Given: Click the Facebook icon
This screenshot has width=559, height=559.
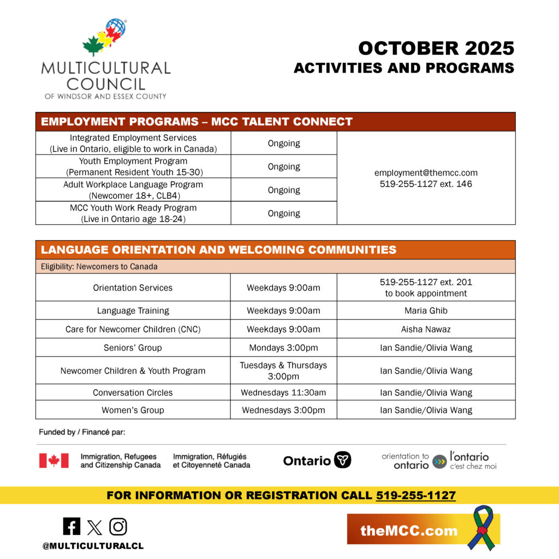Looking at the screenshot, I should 72,526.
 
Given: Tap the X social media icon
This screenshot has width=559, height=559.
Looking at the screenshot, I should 94,527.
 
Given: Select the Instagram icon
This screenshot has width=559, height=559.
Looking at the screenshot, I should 118,526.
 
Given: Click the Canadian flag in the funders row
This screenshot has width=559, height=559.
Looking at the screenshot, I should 53,461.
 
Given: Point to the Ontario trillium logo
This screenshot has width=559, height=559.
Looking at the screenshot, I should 342,460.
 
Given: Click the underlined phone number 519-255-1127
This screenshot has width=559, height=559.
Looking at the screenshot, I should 415,496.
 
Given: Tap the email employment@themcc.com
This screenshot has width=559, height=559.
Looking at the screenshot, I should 426,173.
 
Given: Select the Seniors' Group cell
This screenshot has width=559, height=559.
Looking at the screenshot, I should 133,348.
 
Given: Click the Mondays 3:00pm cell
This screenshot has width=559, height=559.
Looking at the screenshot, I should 283,348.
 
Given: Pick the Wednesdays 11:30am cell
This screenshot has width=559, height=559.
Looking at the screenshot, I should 283,393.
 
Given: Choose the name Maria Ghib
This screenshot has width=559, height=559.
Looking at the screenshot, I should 426,311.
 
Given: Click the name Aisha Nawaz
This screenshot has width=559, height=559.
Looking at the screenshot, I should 426,329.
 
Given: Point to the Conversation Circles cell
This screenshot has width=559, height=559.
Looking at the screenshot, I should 133,393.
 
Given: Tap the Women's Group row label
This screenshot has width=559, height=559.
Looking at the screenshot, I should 133,410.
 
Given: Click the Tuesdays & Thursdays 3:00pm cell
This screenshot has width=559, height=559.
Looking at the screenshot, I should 283,371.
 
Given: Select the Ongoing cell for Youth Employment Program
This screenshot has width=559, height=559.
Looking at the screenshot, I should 283,166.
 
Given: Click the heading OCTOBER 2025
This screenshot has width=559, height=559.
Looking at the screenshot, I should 436,49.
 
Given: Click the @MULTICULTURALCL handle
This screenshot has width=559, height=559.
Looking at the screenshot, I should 93,546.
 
